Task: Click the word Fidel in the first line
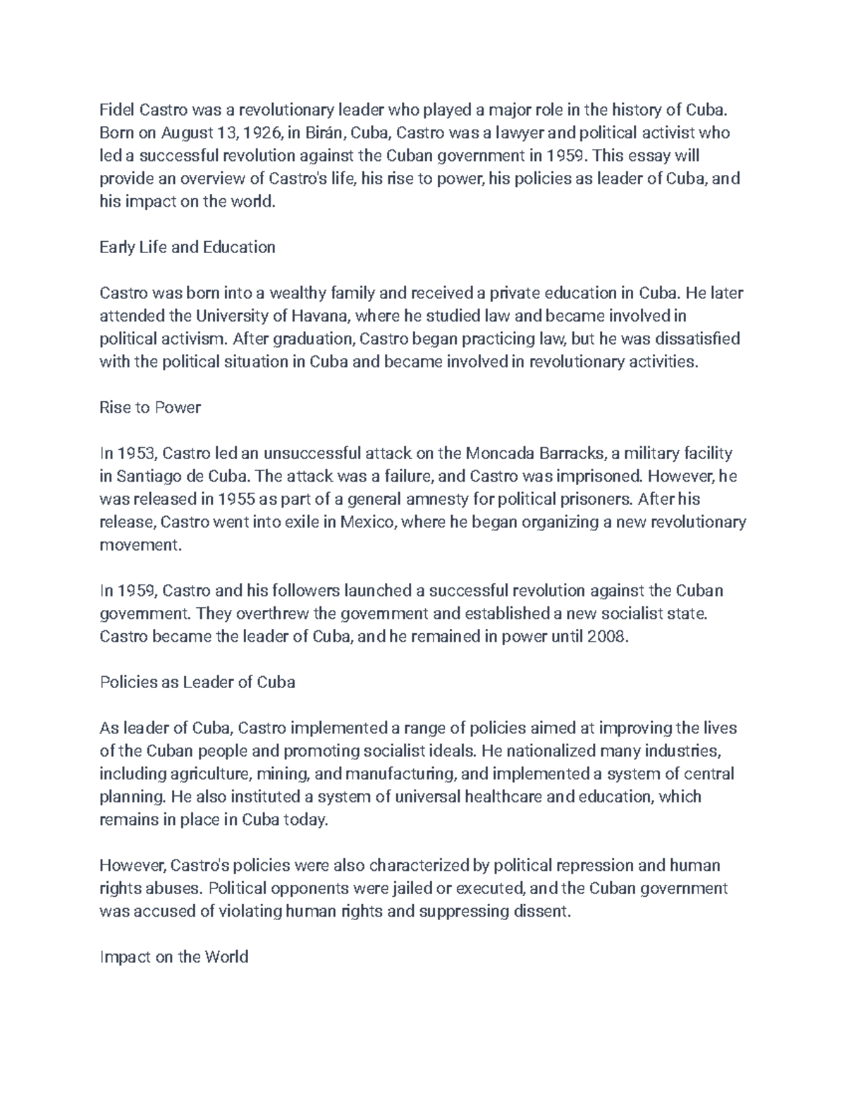tap(116, 110)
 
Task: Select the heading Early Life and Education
tap(187, 247)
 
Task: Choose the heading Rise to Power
tap(150, 408)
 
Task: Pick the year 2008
tap(606, 637)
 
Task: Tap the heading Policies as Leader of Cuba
tap(197, 683)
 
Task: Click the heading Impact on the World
tap(173, 957)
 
